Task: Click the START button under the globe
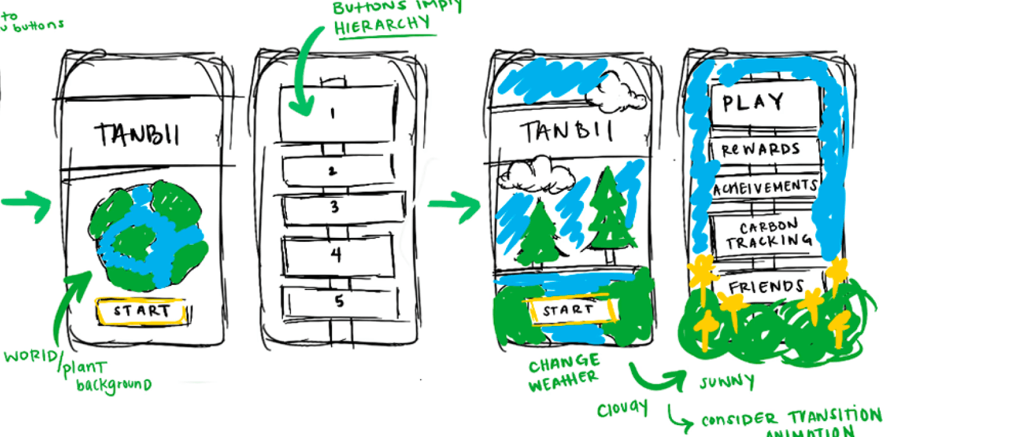(142, 311)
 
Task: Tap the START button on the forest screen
(569, 310)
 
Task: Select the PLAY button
(764, 103)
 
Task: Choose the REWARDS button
(762, 149)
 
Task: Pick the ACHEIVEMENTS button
(765, 188)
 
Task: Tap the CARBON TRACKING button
(769, 235)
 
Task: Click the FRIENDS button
(766, 287)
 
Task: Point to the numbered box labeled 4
(337, 254)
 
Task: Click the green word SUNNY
(727, 382)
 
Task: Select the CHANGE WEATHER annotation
(564, 372)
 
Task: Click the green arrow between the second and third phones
(455, 205)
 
